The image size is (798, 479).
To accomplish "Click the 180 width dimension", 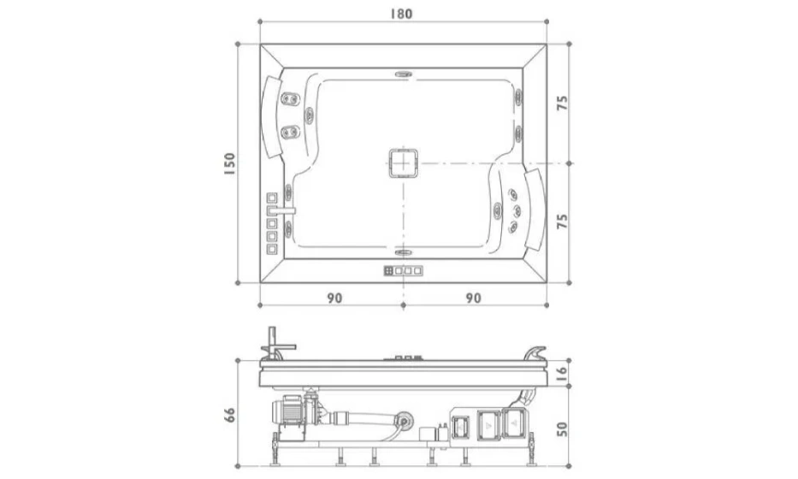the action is point(401,14).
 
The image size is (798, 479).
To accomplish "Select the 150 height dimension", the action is point(229,164).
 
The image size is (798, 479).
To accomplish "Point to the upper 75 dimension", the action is point(562,103).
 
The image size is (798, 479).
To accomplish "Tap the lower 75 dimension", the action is point(562,222).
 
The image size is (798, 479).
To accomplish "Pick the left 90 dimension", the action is point(334,298).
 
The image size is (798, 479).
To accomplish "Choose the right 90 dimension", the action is point(473,298).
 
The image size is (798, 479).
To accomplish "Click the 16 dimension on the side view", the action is point(561,373).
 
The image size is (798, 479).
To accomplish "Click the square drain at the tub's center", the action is point(404,163).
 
